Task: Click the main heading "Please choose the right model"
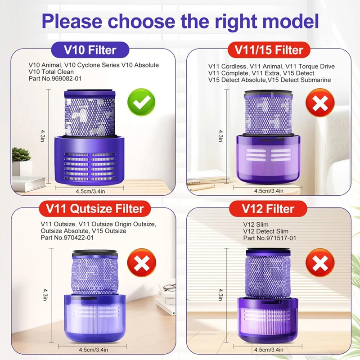click(x=180, y=22)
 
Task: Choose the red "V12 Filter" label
click(x=270, y=208)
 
